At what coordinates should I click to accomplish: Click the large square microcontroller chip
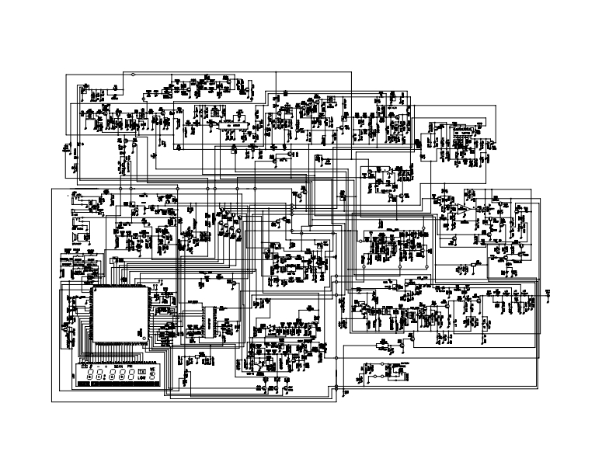pos(120,314)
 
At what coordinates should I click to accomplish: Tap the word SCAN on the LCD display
pos(119,366)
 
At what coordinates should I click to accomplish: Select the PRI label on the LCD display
pos(131,366)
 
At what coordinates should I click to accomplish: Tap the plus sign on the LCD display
pos(106,366)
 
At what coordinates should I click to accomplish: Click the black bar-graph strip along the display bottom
pos(117,384)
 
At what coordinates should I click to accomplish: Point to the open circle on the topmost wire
pos(132,75)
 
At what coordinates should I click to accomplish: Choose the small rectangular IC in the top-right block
pos(461,134)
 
